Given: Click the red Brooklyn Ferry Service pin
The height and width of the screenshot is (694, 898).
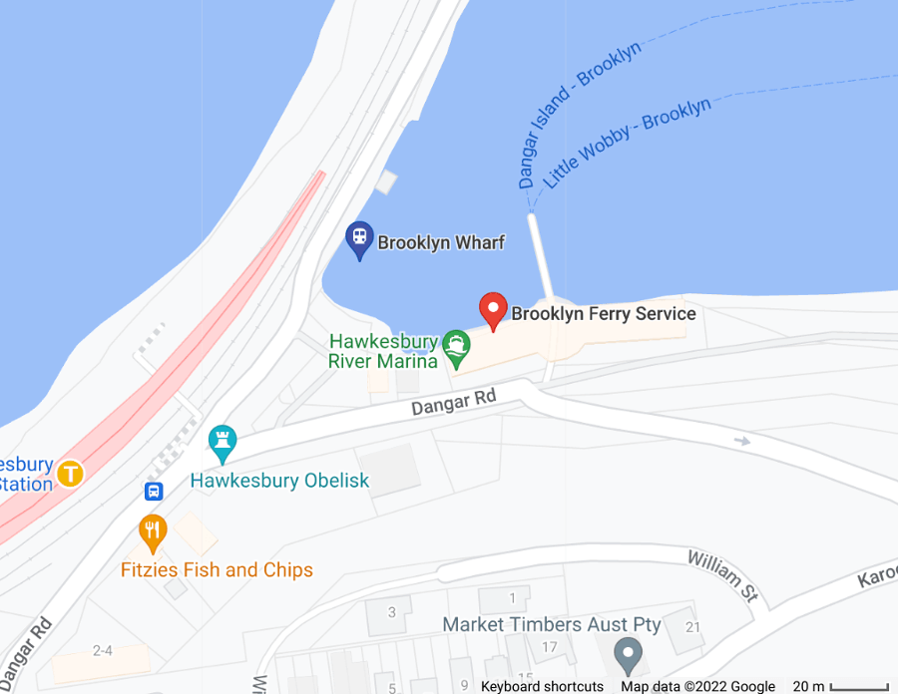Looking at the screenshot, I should click(x=494, y=310).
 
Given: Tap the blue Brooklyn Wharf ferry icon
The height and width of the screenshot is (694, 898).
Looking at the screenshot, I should click(x=359, y=239).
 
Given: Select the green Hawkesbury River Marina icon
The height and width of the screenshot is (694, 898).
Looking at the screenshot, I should click(x=456, y=345).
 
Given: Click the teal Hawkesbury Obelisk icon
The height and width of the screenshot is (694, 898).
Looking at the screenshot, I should click(x=222, y=442).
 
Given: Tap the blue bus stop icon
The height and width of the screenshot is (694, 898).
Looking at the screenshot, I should click(x=154, y=491).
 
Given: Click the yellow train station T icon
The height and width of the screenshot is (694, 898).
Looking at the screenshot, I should click(x=70, y=473).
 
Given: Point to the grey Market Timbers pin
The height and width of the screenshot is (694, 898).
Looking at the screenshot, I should click(x=627, y=654).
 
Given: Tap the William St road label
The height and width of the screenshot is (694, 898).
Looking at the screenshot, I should click(x=722, y=576).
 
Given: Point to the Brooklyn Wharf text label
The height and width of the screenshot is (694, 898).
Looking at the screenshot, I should click(x=441, y=242).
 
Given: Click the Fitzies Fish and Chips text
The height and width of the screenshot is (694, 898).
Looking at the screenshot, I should click(x=217, y=570).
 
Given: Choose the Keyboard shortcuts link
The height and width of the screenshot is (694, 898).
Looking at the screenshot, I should click(x=542, y=686).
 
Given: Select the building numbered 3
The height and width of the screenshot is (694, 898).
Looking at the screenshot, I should click(x=392, y=611).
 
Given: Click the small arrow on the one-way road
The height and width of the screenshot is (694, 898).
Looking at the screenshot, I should click(x=739, y=440).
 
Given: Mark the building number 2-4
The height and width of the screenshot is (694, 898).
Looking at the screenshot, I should click(x=102, y=651).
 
